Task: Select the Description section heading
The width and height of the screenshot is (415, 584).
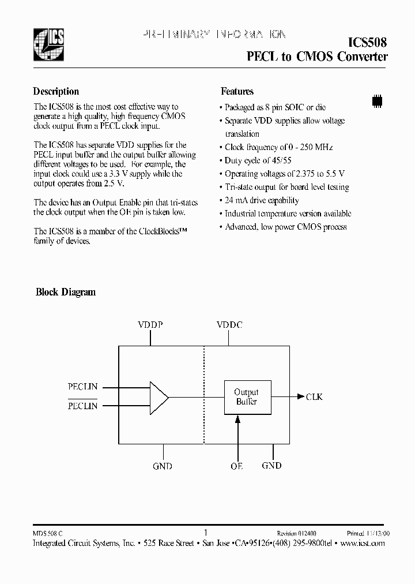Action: click(x=56, y=91)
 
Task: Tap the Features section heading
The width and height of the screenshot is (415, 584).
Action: click(x=237, y=91)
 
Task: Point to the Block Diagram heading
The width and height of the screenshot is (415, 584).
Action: click(x=66, y=292)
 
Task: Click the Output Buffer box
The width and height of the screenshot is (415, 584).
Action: click(x=247, y=396)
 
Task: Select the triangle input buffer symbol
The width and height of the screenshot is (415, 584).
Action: click(x=158, y=397)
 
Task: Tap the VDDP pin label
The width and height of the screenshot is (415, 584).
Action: click(x=150, y=325)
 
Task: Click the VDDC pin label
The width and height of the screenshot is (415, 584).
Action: click(x=229, y=325)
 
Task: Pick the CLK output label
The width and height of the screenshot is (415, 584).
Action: click(x=314, y=397)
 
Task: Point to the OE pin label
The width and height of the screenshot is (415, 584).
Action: click(x=237, y=466)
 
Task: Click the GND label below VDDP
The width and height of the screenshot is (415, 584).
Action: click(x=163, y=466)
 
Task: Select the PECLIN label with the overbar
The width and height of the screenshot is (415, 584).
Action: click(x=82, y=406)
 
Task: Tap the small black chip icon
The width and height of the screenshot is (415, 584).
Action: click(x=378, y=99)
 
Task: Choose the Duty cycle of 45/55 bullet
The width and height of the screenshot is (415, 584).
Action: click(x=258, y=160)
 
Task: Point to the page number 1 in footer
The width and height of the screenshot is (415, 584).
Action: click(x=206, y=533)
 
